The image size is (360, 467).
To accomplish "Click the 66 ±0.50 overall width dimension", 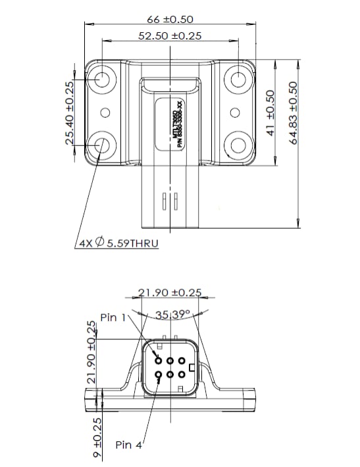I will pos(170,20).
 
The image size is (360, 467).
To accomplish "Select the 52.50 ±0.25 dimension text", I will pos(170,36).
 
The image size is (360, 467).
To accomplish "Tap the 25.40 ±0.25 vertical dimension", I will pos(70,113).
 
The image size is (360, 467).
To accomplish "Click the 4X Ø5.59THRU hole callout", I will pos(118,243).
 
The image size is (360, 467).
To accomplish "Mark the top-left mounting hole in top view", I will pos(103,79).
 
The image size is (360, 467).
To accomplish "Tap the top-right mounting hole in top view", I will pos(237,79).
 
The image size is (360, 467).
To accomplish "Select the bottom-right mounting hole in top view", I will pos(237,145).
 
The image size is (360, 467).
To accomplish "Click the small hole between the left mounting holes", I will pos(104,112).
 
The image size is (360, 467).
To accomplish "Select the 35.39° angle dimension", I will pos(172,314).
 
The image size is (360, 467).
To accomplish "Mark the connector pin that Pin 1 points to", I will pos(159,360).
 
